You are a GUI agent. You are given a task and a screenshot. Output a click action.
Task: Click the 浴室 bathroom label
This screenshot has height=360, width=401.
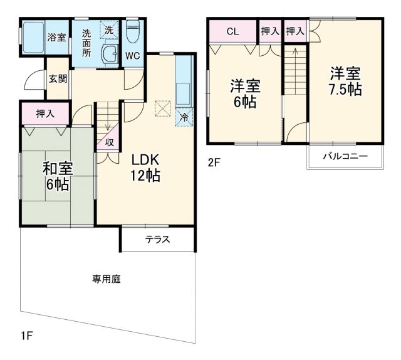56,37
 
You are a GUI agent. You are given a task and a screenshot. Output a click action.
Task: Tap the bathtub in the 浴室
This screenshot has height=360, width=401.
33,38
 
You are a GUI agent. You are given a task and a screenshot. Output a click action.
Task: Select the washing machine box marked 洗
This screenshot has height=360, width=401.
109,30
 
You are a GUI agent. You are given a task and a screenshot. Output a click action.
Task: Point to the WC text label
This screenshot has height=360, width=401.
132,56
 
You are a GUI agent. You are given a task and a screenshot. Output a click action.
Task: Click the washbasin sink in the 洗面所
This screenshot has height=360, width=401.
110,55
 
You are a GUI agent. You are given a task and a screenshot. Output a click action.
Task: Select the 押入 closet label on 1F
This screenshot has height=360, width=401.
44,114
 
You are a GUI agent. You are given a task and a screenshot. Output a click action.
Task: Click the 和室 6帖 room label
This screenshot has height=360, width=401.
58,176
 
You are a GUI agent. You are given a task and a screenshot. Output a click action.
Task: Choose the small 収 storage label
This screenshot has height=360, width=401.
108,142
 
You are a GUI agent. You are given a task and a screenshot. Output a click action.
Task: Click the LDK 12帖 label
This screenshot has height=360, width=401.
145,167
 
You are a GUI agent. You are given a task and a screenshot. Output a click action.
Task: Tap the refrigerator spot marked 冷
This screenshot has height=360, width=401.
184,117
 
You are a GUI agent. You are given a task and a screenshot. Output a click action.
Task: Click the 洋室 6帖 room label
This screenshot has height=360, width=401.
245,93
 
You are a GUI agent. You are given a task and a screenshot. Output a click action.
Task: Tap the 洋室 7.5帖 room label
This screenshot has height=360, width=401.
346,82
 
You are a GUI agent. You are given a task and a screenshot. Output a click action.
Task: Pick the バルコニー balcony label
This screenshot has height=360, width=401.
345,156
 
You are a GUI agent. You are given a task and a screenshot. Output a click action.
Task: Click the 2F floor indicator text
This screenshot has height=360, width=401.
215,162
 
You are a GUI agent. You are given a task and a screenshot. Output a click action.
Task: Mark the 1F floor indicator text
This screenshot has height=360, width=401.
26,336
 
